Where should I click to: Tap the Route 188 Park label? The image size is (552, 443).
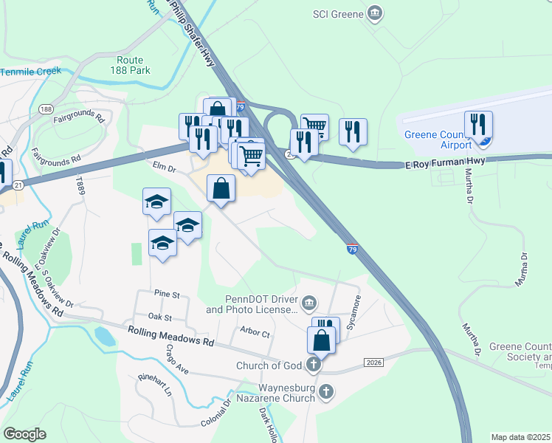(134, 65)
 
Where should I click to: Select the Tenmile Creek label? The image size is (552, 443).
(30, 72)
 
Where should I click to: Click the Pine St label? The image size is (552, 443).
(167, 294)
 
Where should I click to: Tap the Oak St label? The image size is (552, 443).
(159, 317)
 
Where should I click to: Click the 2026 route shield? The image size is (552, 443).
(374, 361)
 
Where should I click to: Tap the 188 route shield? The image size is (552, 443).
(46, 109)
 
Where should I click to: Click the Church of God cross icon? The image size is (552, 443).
(314, 364)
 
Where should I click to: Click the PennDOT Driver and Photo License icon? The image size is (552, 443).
(309, 301)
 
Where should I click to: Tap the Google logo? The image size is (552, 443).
(24, 434)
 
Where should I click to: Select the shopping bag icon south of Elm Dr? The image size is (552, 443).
(221, 188)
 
